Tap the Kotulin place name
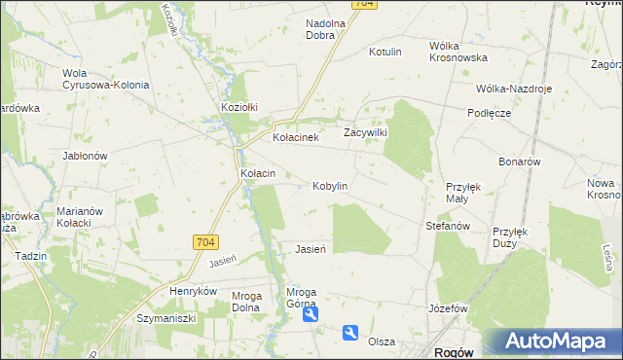[385, 52]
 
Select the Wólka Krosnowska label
[458, 52]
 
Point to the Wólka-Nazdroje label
[514, 88]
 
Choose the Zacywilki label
[366, 132]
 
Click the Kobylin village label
[330, 186]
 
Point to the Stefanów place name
[448, 226]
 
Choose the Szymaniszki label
[166, 317]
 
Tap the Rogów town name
[452, 351]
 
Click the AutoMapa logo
[551, 342]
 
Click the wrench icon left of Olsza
[350, 333]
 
